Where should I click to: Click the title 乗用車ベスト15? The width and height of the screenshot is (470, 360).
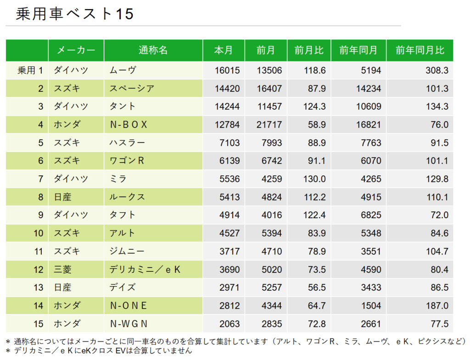click(x=74, y=14)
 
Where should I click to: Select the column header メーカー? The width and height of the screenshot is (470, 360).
click(x=76, y=51)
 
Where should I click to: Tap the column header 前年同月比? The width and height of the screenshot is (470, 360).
click(x=420, y=51)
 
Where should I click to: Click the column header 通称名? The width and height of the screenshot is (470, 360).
click(x=153, y=51)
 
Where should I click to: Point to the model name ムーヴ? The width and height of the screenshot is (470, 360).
click(x=123, y=70)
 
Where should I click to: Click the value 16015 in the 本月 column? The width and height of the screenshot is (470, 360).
click(x=227, y=70)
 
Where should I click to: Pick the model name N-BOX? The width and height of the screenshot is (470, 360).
click(x=129, y=124)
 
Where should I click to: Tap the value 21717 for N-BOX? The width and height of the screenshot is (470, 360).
click(x=269, y=124)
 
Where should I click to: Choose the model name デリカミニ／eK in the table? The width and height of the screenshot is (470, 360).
click(x=145, y=270)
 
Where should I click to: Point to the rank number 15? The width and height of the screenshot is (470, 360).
click(x=38, y=324)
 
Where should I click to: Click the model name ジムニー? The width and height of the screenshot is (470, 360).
click(x=127, y=251)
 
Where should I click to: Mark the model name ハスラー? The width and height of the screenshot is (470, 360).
click(x=127, y=143)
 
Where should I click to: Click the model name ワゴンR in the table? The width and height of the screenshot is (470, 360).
click(x=127, y=161)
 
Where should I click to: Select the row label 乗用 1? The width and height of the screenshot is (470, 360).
click(x=30, y=70)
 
